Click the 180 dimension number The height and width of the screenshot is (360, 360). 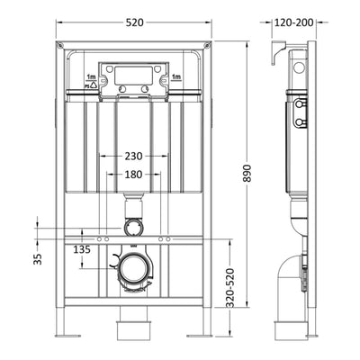click(135, 175)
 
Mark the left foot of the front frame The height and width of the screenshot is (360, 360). click(64, 329)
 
